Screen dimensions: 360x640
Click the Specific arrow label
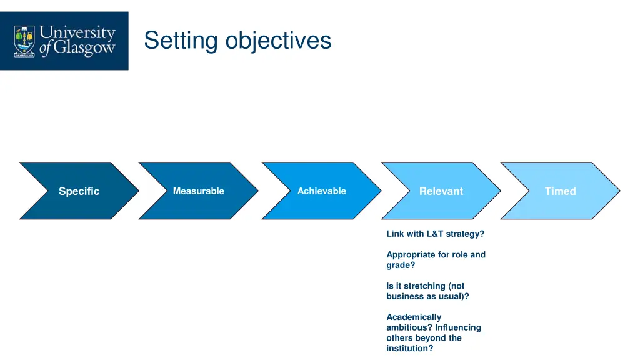pyautogui.click(x=79, y=191)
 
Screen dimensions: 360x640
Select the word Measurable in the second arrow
pyautogui.click(x=198, y=191)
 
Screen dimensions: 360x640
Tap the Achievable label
pyautogui.click(x=321, y=191)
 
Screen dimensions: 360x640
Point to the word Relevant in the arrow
pyautogui.click(x=441, y=191)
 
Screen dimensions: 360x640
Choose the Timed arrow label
pyautogui.click(x=560, y=191)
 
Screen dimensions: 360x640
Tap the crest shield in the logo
pyautogui.click(x=24, y=41)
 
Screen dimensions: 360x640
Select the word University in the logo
pyautogui.click(x=77, y=32)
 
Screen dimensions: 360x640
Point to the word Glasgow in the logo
pyautogui.click(x=84, y=49)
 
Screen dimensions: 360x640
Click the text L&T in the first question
pyautogui.click(x=435, y=234)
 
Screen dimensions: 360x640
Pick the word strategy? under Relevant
pyautogui.click(x=465, y=234)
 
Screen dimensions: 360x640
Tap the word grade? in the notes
pyautogui.click(x=401, y=265)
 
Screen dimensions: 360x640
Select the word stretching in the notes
pyautogui.click(x=425, y=286)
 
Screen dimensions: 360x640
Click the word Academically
pyautogui.click(x=414, y=317)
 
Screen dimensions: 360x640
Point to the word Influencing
pyautogui.click(x=458, y=327)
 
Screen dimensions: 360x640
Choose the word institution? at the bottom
pyautogui.click(x=409, y=348)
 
